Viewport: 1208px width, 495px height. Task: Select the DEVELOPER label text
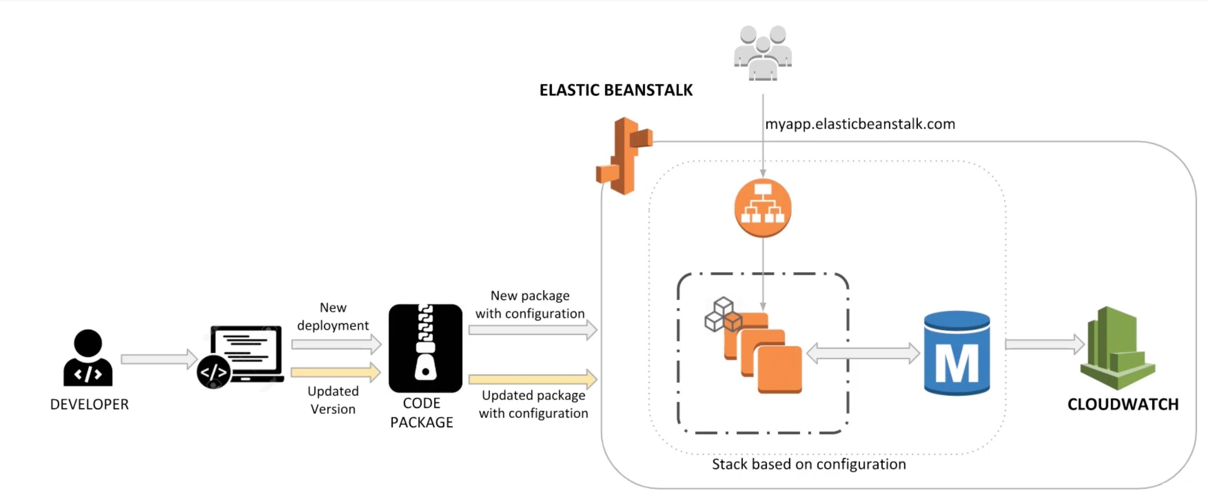[89, 404]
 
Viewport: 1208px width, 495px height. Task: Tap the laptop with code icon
[242, 356]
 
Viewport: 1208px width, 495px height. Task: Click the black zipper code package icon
[425, 348]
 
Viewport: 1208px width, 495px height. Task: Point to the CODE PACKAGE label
[422, 413]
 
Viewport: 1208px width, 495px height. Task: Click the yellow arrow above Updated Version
[336, 373]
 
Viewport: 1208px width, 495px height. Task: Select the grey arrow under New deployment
[336, 345]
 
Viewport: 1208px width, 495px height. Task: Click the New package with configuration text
[530, 304]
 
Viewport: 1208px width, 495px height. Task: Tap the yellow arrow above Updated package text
[533, 379]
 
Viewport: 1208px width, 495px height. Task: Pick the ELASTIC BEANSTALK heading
[616, 90]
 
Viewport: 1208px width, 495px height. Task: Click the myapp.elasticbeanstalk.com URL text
[860, 124]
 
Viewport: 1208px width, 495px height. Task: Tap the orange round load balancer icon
[762, 208]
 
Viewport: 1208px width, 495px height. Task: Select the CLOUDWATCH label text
[1123, 404]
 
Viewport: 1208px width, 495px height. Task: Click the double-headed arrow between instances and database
[863, 353]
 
